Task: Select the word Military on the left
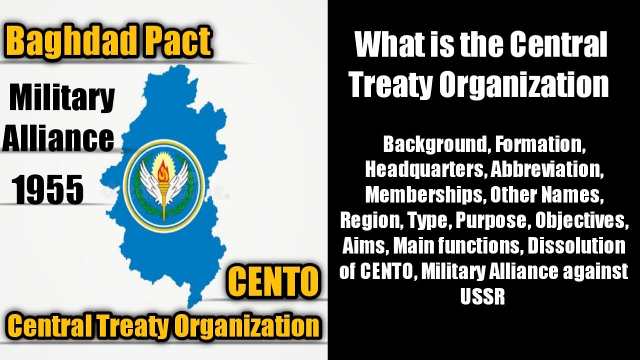[62, 98]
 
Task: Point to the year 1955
[47, 190]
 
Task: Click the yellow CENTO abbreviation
[273, 281]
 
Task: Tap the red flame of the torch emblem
[163, 172]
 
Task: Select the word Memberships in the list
[424, 195]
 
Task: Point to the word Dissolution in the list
[576, 246]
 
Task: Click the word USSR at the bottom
[483, 297]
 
